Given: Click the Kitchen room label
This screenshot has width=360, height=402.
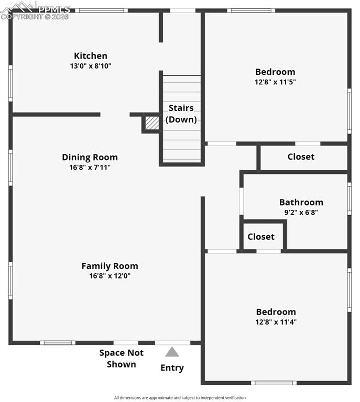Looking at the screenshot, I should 91,56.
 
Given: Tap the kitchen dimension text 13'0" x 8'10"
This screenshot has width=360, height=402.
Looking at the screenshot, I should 91,66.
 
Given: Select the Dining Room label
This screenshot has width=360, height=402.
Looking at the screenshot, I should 90,157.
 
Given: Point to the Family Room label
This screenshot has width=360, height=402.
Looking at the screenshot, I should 110,266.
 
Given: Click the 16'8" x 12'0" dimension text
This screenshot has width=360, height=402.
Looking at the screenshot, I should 110,276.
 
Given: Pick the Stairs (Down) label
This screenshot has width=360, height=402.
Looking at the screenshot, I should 181,114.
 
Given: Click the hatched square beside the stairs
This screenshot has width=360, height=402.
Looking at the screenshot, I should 152,122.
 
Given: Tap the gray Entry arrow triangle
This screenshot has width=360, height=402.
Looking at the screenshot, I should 172,352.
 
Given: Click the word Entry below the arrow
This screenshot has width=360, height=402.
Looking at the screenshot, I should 172,368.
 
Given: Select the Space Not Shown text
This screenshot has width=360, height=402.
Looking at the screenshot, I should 122,359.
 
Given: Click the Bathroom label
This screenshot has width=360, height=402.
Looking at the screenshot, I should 301,202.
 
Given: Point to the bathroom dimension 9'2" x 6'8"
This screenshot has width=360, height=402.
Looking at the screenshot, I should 301,213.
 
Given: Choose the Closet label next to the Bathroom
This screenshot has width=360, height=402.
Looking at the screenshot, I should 261,237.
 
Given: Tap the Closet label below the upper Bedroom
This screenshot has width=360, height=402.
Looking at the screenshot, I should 301,157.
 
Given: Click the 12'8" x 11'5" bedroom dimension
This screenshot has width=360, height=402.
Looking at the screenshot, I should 275,82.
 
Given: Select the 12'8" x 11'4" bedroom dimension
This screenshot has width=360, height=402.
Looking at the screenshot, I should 276,322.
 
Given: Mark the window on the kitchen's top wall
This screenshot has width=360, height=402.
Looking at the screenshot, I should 101,10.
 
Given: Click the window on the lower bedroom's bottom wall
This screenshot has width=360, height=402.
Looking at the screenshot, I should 274,383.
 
